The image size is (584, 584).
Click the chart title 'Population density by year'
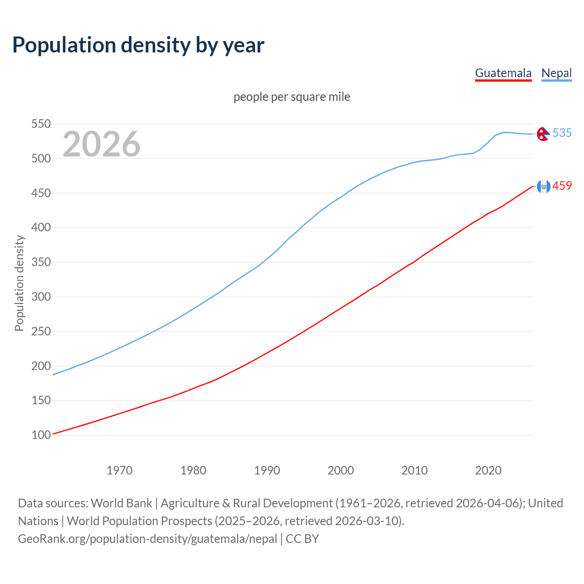click(x=138, y=45)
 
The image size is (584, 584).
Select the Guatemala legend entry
click(x=503, y=73)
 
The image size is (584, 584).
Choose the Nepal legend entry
click(x=556, y=73)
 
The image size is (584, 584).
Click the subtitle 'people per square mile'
click(x=292, y=97)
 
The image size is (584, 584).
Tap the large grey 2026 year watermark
click(x=101, y=144)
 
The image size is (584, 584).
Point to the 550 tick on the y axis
click(x=41, y=124)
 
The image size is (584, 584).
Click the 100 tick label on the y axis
click(x=41, y=435)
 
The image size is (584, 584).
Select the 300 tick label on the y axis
click(x=41, y=297)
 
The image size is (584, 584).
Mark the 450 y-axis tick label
click(x=41, y=193)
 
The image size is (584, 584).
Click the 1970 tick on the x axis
click(x=120, y=470)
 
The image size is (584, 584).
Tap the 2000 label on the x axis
click(x=341, y=470)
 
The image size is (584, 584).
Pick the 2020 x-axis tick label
click(x=488, y=470)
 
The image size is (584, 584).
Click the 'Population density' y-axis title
click(x=19, y=283)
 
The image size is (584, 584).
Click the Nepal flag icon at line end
click(x=543, y=134)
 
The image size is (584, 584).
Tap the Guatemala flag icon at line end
click(x=543, y=186)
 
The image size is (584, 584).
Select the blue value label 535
click(x=562, y=133)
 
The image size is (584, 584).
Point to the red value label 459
click(x=562, y=186)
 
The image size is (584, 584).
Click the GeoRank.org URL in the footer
click(x=147, y=539)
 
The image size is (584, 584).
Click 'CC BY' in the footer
click(x=302, y=539)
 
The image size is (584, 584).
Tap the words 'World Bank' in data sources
click(x=121, y=503)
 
